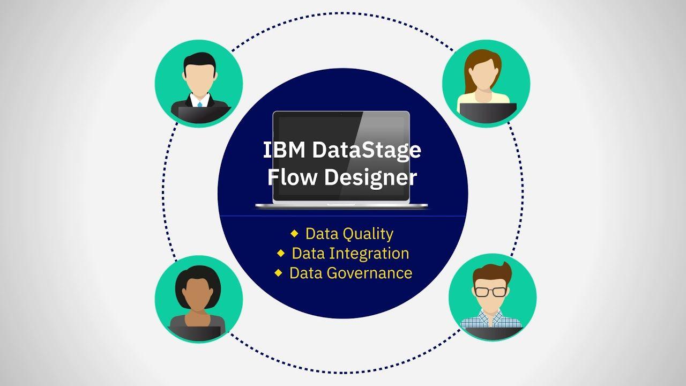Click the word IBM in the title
[285, 151]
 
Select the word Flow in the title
[293, 177]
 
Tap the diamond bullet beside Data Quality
[294, 233]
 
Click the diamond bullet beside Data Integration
[280, 253]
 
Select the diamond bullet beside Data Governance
[278, 272]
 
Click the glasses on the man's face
[490, 292]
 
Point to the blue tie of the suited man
[199, 103]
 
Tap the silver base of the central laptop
[341, 205]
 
